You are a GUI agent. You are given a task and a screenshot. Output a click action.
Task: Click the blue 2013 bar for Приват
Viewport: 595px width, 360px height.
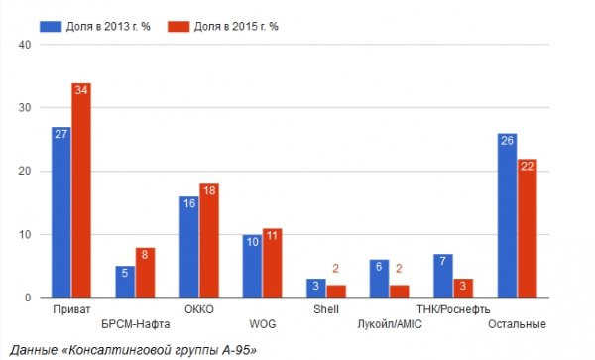pyautogui.click(x=61, y=212)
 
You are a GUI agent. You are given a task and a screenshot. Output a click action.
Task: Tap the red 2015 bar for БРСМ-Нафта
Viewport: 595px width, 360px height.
pyautogui.click(x=145, y=273)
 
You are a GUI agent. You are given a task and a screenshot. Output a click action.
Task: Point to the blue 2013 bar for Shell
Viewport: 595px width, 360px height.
pyautogui.click(x=315, y=289)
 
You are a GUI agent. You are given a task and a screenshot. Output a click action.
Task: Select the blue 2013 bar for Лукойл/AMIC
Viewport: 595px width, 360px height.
pyautogui.click(x=379, y=279)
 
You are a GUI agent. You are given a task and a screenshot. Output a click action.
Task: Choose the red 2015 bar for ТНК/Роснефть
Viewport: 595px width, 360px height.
pyautogui.click(x=462, y=289)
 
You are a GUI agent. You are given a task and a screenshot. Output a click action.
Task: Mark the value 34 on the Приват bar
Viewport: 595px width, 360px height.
pyautogui.click(x=81, y=90)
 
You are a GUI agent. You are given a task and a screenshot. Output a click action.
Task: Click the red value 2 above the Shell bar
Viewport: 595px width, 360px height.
pyautogui.click(x=335, y=269)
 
